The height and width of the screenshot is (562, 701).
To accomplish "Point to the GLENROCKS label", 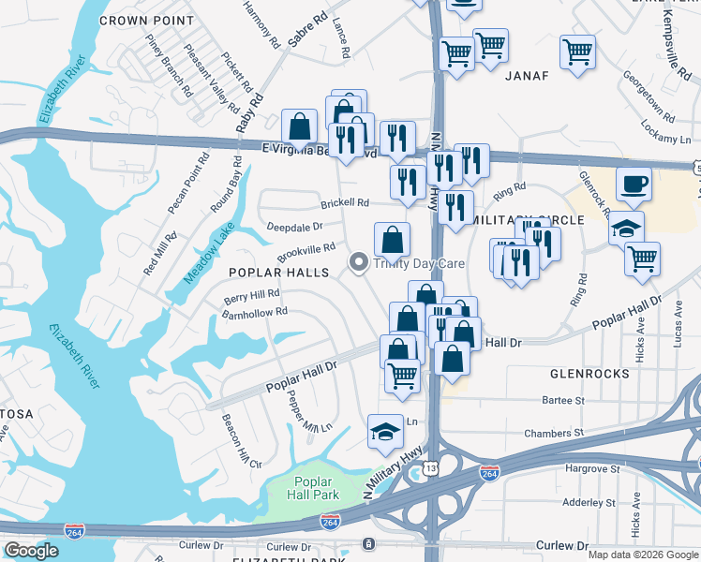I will click(x=590, y=373).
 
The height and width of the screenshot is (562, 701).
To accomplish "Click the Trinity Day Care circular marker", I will click(x=357, y=263).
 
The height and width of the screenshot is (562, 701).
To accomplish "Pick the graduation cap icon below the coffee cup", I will click(x=626, y=228).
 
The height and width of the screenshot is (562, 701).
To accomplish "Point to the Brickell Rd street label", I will click(x=345, y=202).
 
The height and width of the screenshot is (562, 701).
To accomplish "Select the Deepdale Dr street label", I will click(x=294, y=226).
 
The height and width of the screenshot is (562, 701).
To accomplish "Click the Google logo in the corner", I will click(x=32, y=551).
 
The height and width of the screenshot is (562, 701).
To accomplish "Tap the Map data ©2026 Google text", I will click(x=642, y=555).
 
